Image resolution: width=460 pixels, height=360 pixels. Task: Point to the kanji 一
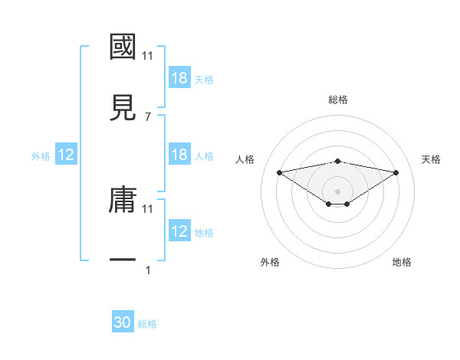point(123,260)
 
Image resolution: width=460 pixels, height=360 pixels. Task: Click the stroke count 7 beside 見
point(148,116)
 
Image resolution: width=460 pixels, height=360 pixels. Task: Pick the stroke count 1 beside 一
point(148,270)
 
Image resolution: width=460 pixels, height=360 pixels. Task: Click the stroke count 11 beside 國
point(148,55)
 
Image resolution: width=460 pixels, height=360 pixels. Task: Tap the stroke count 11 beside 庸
point(148,208)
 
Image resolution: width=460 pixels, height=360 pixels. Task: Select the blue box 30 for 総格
point(123,322)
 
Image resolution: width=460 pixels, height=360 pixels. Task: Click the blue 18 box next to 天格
point(179,78)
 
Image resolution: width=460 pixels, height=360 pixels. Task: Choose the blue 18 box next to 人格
point(179,155)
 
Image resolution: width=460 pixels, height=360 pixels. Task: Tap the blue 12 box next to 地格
point(179,231)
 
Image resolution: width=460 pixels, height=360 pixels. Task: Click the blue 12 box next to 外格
point(66,155)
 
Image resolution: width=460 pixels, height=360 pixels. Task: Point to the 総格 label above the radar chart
point(338,99)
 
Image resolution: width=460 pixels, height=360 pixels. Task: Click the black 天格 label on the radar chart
point(432,159)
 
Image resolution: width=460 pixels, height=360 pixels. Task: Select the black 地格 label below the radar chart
point(402,262)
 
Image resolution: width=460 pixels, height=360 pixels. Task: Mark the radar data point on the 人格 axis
point(280,172)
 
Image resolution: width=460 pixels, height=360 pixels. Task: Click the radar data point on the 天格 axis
point(396,172)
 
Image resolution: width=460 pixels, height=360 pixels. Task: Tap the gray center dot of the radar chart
point(338,191)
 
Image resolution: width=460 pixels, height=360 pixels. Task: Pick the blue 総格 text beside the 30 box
point(147,324)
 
